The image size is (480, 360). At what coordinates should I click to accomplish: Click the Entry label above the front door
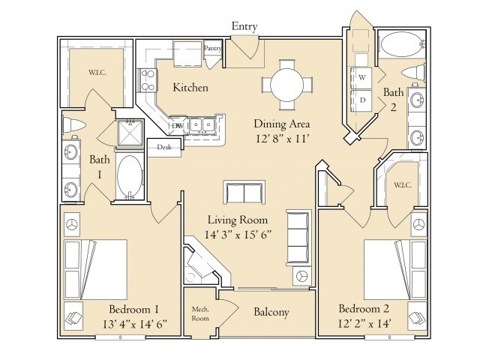[x=244, y=27]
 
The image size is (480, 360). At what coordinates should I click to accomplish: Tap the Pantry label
[x=212, y=48]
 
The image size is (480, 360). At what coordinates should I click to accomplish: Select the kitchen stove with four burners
[x=148, y=80]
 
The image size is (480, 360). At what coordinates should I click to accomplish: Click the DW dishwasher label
[x=178, y=125]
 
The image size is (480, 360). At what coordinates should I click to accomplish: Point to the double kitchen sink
[x=202, y=125]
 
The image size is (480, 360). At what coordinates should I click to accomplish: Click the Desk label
[x=164, y=147]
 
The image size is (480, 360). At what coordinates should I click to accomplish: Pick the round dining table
[x=287, y=84]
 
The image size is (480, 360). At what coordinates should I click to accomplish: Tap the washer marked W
[x=361, y=77]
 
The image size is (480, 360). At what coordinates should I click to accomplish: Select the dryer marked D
[x=361, y=100]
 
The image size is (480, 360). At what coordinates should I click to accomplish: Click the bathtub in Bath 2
[x=402, y=45]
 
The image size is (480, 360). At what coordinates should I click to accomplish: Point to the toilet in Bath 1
[x=73, y=125]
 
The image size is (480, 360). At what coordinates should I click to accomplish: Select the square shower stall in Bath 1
[x=130, y=133]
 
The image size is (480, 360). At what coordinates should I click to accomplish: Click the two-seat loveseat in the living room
[x=244, y=192]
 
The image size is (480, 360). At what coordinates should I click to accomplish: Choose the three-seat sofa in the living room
[x=298, y=233]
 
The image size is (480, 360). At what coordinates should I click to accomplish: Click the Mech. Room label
[x=200, y=313]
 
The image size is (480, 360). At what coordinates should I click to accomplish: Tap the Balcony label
[x=271, y=312]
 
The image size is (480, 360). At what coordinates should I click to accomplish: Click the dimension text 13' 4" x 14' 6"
[x=135, y=323]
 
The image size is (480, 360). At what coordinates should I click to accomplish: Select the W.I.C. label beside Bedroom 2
[x=403, y=185]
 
